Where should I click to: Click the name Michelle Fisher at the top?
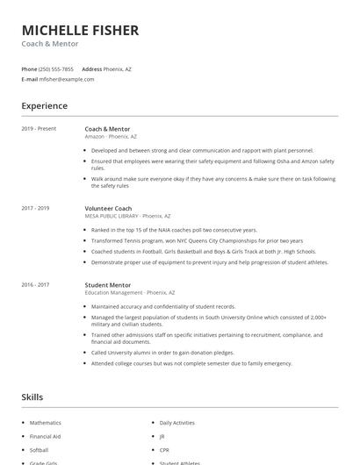click(80, 30)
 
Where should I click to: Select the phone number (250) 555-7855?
click(57, 68)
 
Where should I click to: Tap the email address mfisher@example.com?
click(67, 79)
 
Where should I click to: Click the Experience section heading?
click(45, 106)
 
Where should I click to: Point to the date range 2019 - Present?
click(40, 129)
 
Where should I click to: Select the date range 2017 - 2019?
click(36, 208)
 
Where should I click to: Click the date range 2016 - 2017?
click(36, 284)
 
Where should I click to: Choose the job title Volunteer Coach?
click(108, 208)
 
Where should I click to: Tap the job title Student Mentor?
click(109, 284)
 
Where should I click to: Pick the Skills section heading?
click(32, 397)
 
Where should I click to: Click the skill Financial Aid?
click(45, 436)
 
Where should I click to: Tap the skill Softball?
click(40, 449)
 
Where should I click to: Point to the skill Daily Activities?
click(176, 423)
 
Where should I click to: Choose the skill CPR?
click(164, 449)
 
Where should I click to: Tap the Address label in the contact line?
click(91, 68)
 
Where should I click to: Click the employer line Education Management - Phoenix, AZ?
click(130, 292)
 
